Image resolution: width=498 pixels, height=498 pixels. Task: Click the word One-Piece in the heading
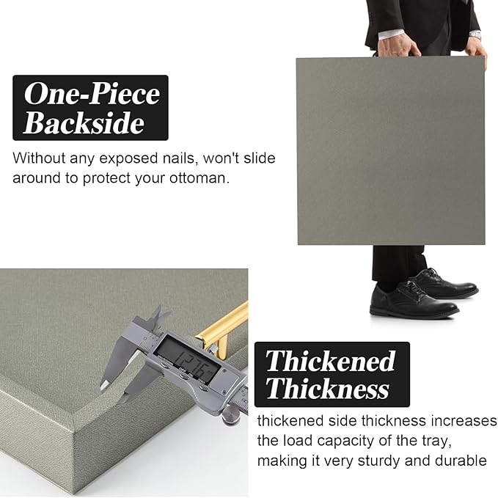[92, 93]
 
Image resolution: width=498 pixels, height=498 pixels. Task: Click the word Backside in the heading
[84, 123]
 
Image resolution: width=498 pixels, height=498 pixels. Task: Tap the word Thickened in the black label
[330, 361]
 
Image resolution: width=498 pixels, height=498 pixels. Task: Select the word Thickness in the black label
[327, 388]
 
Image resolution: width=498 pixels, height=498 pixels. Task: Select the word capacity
[345, 441]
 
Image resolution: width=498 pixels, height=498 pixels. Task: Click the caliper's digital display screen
[187, 359]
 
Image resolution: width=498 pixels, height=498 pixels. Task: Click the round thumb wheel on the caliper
[231, 416]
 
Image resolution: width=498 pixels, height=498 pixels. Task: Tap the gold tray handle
[222, 329]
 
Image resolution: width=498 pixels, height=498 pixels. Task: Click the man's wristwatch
[475, 35]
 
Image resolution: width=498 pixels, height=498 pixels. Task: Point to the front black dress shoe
[414, 301]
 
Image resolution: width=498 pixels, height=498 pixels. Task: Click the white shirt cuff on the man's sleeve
[392, 34]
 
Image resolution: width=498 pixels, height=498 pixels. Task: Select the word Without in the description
[39, 158]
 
